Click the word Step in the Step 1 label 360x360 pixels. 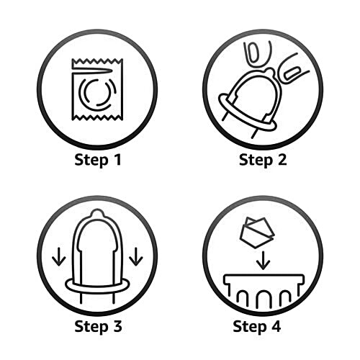click(x=91, y=161)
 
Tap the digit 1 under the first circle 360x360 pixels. click(x=117, y=159)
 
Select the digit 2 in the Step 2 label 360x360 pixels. click(x=282, y=159)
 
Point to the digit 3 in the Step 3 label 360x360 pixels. click(x=117, y=326)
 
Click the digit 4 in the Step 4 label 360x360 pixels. click(x=276, y=326)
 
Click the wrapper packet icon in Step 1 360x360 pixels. click(x=97, y=89)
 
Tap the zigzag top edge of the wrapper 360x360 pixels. click(x=97, y=61)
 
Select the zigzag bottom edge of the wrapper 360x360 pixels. click(x=97, y=117)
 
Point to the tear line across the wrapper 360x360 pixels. click(x=92, y=70)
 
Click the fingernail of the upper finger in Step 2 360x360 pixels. click(x=252, y=52)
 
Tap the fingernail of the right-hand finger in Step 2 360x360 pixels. click(x=292, y=73)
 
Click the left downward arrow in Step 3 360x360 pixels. click(x=59, y=256)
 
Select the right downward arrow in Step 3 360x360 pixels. click(x=136, y=256)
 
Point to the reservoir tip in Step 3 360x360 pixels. click(x=98, y=212)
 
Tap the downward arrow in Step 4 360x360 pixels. click(x=264, y=261)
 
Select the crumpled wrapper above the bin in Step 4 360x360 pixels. click(x=257, y=233)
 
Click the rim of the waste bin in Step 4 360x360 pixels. click(x=264, y=279)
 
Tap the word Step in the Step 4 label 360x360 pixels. click(x=250, y=327)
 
